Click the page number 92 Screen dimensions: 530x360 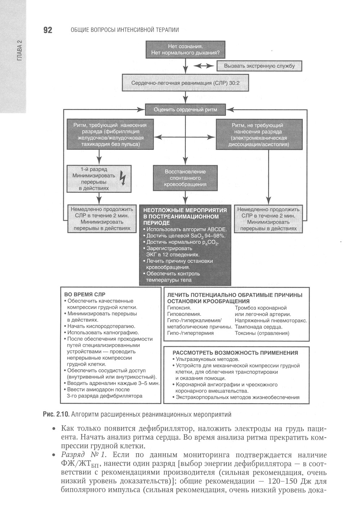coord(48,30)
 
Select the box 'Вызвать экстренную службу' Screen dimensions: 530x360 coord(259,66)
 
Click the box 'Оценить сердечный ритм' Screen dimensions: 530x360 coord(185,109)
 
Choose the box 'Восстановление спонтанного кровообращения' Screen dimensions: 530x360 coord(185,178)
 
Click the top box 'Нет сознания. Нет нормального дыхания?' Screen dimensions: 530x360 coord(185,50)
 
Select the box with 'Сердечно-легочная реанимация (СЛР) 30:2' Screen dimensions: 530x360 coord(185,83)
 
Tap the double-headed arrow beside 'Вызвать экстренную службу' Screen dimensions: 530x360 coord(204,66)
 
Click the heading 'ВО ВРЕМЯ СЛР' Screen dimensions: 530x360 coord(85,294)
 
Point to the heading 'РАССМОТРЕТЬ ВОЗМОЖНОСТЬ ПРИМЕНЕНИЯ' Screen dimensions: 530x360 coord(235,353)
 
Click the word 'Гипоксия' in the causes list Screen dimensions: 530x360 coord(179,308)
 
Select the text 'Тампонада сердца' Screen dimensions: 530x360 coord(258,327)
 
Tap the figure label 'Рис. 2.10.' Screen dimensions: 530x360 coord(56,414)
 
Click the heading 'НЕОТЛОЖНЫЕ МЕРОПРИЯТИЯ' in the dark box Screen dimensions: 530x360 coord(185,210)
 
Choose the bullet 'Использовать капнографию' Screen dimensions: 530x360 coord(103,332)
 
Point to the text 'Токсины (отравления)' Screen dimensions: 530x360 coord(262,333)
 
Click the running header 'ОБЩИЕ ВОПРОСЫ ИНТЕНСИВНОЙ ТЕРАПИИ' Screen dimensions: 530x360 coord(125,30)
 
